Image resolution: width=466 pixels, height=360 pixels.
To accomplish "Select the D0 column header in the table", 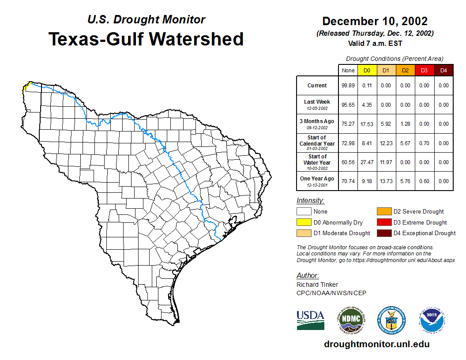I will pyautogui.click(x=367, y=70).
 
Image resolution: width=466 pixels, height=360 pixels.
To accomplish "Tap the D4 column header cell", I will pyautogui.click(x=443, y=70).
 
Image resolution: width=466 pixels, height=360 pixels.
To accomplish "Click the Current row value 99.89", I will pyautogui.click(x=348, y=86).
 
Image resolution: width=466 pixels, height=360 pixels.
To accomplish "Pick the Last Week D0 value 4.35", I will pyautogui.click(x=367, y=105).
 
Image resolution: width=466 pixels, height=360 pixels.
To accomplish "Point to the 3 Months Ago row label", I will pyautogui.click(x=317, y=124).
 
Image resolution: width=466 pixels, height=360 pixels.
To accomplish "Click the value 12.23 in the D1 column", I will pyautogui.click(x=386, y=143).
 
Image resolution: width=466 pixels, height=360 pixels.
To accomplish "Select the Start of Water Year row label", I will pyautogui.click(x=317, y=162).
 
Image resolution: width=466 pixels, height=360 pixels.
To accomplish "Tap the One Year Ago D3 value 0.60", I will pyautogui.click(x=424, y=181).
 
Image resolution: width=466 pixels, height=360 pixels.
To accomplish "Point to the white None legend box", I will pyautogui.click(x=304, y=211).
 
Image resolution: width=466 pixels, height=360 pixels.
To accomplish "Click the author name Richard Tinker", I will pyautogui.click(x=317, y=285).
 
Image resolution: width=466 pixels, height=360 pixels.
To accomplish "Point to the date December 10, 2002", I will pyautogui.click(x=375, y=21).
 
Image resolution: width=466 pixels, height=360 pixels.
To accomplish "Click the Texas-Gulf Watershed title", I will pyautogui.click(x=146, y=39).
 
